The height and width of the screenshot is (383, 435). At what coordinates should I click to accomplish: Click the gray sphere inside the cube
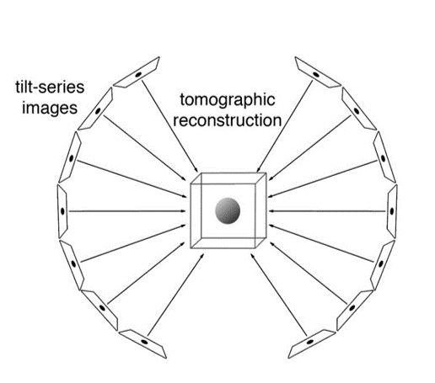(228, 211)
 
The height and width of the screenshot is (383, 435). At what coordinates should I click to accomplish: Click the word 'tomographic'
(228, 100)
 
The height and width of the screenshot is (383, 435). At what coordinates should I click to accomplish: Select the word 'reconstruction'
(228, 120)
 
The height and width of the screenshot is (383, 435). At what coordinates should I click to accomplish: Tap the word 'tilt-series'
(50, 88)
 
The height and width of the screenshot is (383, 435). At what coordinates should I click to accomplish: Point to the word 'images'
(50, 109)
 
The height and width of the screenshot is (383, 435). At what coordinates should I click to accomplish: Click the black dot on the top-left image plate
(138, 75)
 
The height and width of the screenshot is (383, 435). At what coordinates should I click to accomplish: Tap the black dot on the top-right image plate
(316, 75)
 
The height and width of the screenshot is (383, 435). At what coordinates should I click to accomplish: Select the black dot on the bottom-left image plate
(144, 342)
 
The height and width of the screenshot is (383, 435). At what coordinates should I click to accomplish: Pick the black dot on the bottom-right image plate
(310, 342)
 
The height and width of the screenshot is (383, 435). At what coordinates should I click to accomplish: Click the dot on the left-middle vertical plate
(62, 211)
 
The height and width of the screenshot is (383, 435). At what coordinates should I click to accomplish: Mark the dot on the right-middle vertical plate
(392, 211)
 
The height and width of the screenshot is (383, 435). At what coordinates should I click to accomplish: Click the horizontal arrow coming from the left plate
(127, 211)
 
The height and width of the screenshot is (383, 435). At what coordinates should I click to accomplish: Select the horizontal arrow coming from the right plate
(327, 211)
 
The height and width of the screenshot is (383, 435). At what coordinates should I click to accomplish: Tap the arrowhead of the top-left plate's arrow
(196, 169)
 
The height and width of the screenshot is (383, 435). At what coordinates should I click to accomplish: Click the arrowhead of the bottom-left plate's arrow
(201, 256)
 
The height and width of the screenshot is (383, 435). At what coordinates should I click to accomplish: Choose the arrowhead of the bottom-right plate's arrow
(253, 257)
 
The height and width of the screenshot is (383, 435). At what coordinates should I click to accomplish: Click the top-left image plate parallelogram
(137, 72)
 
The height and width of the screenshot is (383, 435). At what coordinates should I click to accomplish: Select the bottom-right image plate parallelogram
(312, 344)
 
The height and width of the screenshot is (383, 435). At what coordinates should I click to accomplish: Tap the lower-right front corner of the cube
(255, 248)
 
